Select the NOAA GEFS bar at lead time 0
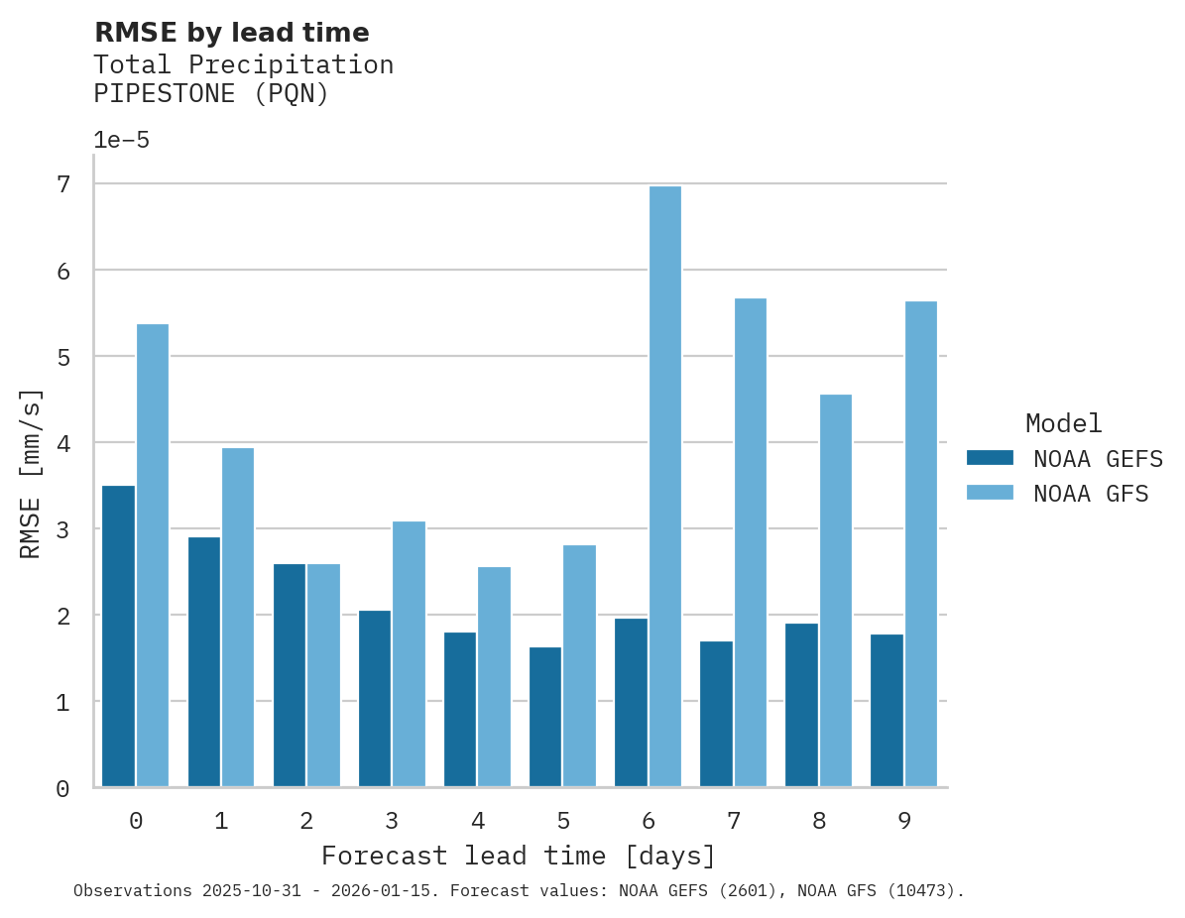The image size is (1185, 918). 118,636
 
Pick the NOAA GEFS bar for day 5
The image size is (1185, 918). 545,717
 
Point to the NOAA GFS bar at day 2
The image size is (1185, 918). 323,675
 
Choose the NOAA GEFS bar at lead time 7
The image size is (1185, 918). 716,714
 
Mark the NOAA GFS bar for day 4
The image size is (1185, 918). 494,677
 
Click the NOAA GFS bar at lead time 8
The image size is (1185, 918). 836,591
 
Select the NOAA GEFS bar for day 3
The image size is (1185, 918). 375,699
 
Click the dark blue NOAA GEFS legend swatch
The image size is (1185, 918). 990,458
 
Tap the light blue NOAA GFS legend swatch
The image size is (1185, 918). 990,493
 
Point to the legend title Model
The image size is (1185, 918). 1063,423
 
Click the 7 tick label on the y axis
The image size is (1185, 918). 63,184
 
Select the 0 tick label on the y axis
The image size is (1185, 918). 63,789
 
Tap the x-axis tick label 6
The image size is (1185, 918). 649,821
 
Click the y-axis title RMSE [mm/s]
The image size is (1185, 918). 32,474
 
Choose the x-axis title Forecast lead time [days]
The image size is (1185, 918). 518,856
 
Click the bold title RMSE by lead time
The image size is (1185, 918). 231,33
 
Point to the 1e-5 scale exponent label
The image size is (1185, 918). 121,140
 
